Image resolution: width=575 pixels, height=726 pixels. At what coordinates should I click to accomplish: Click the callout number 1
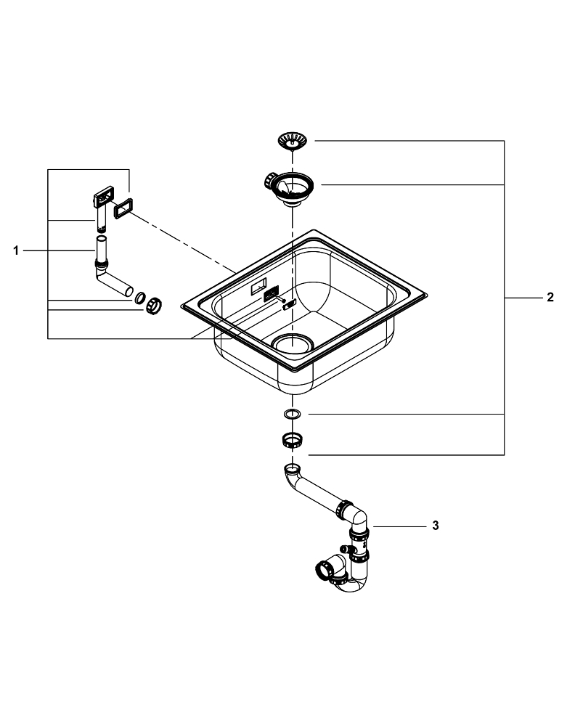coord(15,250)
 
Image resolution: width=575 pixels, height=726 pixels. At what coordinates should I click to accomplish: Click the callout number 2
coord(550,297)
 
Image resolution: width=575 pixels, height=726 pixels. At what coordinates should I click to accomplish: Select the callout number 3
coord(435,525)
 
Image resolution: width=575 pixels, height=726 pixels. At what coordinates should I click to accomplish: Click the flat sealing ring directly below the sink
coord(292,415)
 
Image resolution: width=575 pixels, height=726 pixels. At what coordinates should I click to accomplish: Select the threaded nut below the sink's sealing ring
coord(292,439)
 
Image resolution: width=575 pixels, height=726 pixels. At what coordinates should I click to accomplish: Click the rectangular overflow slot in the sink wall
coord(259,287)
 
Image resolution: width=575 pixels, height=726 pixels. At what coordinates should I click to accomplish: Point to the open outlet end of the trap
coord(322,568)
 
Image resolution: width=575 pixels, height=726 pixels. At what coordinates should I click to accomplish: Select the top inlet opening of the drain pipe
coord(290,468)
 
